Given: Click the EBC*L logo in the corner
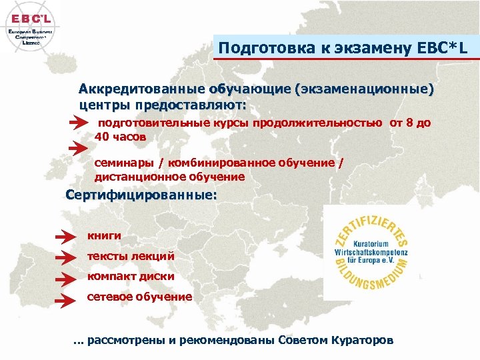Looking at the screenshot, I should point(29,27).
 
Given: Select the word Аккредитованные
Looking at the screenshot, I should point(141,89).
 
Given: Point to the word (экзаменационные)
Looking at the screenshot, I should point(366,89).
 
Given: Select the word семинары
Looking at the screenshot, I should point(127,163).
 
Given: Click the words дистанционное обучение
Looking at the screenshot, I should point(169,177).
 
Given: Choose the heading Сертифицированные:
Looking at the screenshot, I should point(141,197).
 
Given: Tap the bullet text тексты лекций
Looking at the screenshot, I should point(131,256).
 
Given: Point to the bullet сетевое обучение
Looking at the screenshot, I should point(139,296).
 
